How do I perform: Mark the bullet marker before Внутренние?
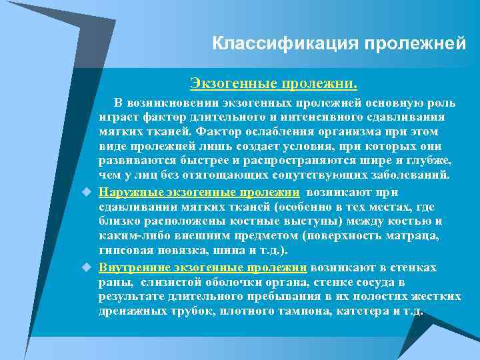pyautogui.click(x=85, y=267)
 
